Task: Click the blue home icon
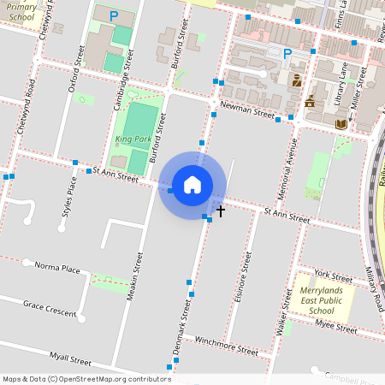(192, 185)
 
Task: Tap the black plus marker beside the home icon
(220, 210)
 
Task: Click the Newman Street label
(246, 110)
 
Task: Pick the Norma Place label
(57, 269)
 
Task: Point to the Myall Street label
(70, 360)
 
